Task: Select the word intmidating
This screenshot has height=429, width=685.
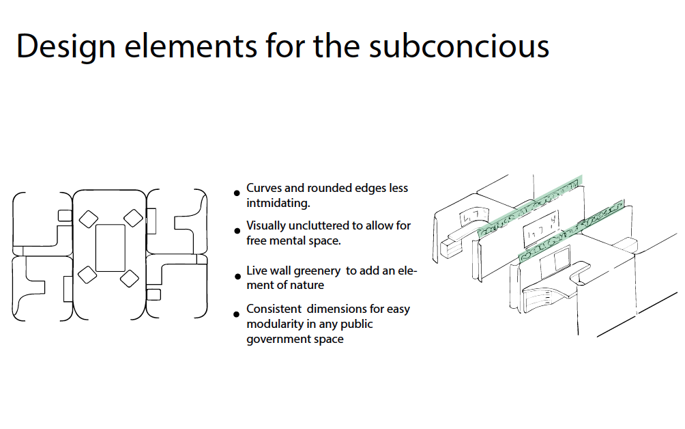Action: [278, 204]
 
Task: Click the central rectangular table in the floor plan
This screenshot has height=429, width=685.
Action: [110, 248]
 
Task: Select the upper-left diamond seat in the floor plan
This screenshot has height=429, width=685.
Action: [88, 219]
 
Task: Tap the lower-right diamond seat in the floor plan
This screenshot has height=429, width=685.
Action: [130, 278]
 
